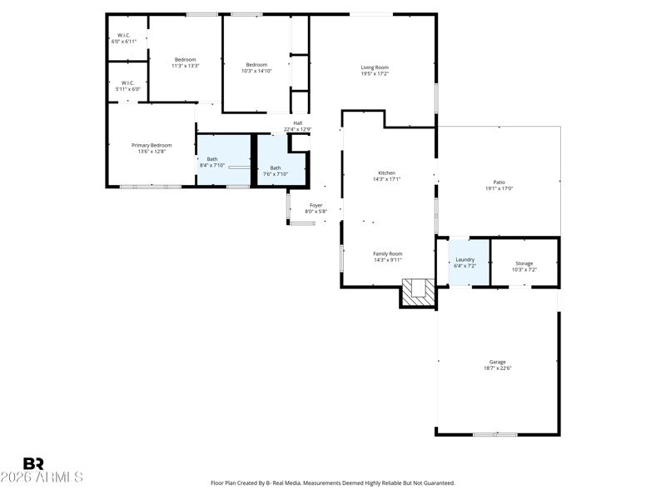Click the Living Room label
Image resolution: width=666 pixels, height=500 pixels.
pyautogui.click(x=375, y=67)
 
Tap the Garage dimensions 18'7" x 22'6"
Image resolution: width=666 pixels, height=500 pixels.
pyautogui.click(x=497, y=368)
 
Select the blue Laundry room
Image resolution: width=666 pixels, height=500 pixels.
pyautogui.click(x=469, y=262)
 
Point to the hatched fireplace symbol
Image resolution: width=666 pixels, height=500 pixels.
pyautogui.click(x=419, y=292)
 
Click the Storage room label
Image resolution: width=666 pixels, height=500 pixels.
pyautogui.click(x=524, y=263)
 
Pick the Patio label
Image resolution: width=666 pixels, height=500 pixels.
pyautogui.click(x=499, y=182)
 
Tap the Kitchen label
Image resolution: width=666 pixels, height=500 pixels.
pyautogui.click(x=386, y=173)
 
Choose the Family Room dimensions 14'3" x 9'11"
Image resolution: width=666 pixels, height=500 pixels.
pyautogui.click(x=387, y=260)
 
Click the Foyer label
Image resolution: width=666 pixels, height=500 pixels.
pyautogui.click(x=316, y=205)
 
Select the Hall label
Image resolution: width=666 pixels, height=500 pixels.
pyautogui.click(x=298, y=123)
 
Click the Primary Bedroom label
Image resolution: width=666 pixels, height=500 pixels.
pyautogui.click(x=152, y=145)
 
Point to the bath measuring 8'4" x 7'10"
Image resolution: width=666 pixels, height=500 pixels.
pyautogui.click(x=223, y=160)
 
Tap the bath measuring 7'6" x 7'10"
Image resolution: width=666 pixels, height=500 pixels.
pyautogui.click(x=281, y=160)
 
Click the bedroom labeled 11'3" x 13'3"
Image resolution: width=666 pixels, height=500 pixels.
pyautogui.click(x=185, y=59)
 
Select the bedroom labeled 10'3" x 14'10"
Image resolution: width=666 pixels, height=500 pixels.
pyautogui.click(x=256, y=65)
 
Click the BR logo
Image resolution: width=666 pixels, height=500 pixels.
pyautogui.click(x=33, y=463)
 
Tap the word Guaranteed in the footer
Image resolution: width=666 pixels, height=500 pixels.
pyautogui.click(x=442, y=483)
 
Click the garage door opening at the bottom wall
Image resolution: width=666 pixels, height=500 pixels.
pyautogui.click(x=495, y=434)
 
